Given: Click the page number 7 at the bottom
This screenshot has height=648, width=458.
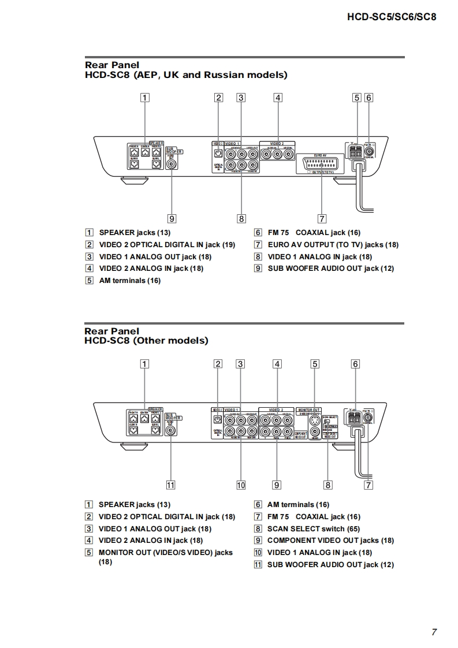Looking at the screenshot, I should click(x=434, y=632).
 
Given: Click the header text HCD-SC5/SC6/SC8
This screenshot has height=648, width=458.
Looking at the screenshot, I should click(x=391, y=17).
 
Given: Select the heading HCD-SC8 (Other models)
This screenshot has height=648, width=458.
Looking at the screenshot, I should click(x=146, y=341).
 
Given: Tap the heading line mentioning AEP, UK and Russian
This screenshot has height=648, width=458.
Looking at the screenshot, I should click(x=186, y=75).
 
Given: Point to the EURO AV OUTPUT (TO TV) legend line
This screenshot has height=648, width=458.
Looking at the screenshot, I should click(x=333, y=245).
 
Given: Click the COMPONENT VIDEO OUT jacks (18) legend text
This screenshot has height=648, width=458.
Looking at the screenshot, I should click(x=330, y=541).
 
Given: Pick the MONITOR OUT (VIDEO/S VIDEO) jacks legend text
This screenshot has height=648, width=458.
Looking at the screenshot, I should click(x=165, y=553).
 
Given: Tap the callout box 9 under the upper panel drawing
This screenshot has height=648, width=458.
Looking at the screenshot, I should click(x=172, y=218).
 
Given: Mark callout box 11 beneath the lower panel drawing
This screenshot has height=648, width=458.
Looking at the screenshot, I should click(x=171, y=485).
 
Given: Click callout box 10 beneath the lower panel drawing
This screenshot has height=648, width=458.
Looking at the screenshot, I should click(x=241, y=485).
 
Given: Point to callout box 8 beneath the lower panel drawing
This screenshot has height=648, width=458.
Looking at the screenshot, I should click(x=328, y=485).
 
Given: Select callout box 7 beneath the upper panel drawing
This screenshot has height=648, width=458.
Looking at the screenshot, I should click(x=322, y=218).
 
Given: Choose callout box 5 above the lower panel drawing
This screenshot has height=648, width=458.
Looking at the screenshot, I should click(x=315, y=364).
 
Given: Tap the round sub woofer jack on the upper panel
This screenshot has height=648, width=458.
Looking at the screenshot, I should click(x=172, y=163).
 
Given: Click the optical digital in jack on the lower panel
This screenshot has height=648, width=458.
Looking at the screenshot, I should click(x=217, y=420).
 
